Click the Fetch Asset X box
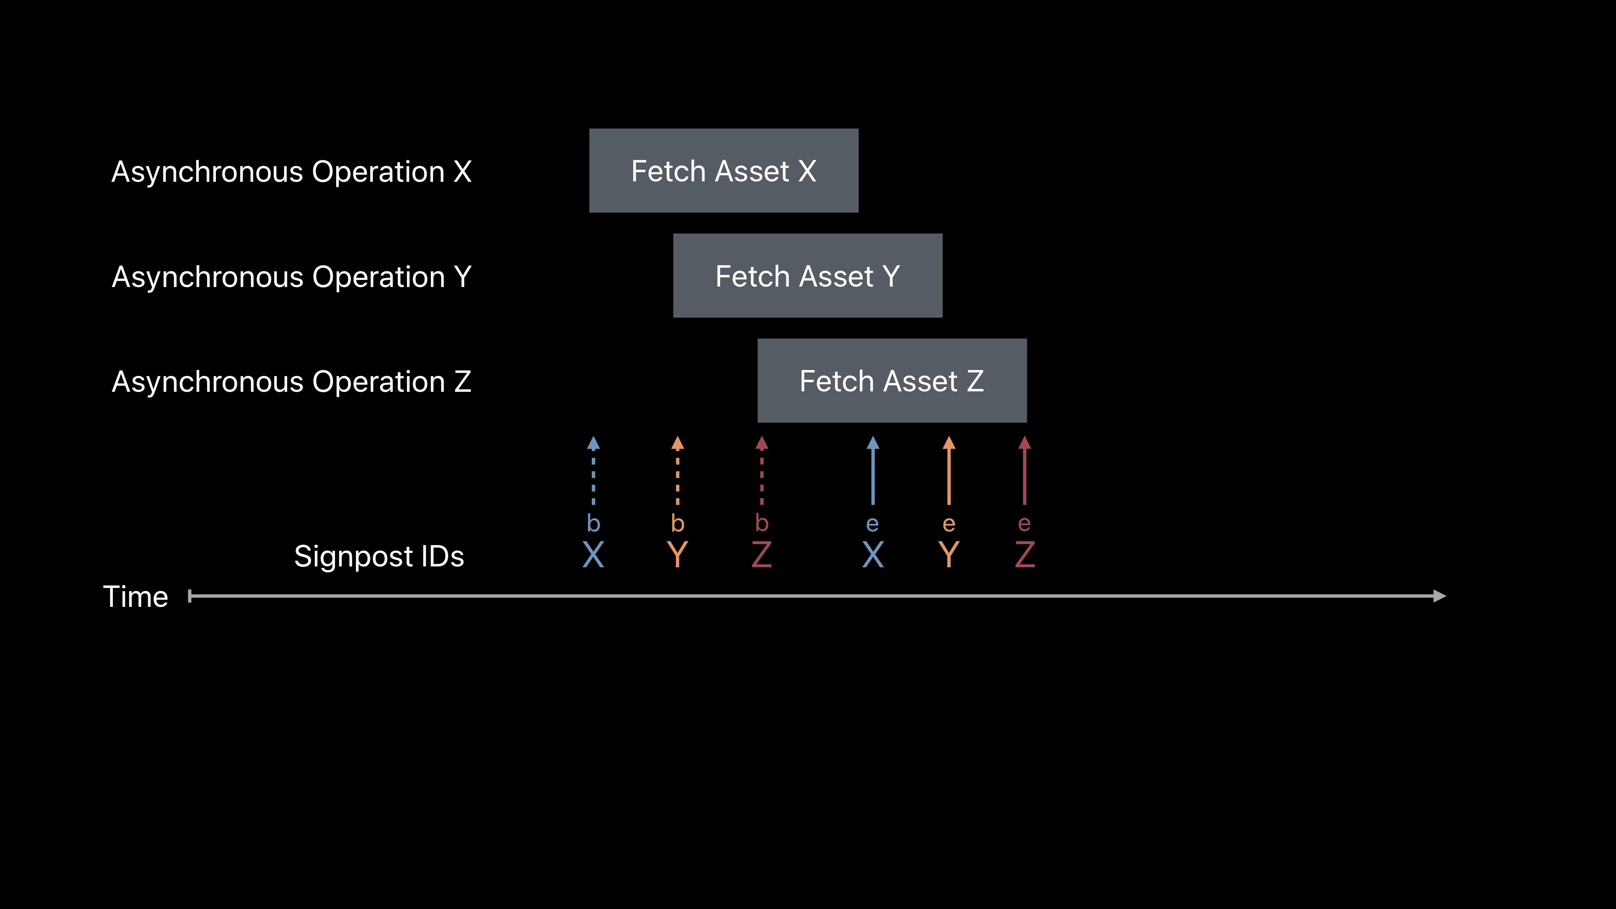(723, 170)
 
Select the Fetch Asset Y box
(808, 276)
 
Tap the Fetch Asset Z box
(891, 381)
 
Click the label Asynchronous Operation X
(291, 172)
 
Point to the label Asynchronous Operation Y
(291, 276)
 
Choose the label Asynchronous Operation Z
(291, 381)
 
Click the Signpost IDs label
(379, 556)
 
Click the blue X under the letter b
(593, 555)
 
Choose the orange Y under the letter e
(949, 555)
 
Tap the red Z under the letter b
(762, 555)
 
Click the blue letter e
(873, 524)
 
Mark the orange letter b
(678, 523)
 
